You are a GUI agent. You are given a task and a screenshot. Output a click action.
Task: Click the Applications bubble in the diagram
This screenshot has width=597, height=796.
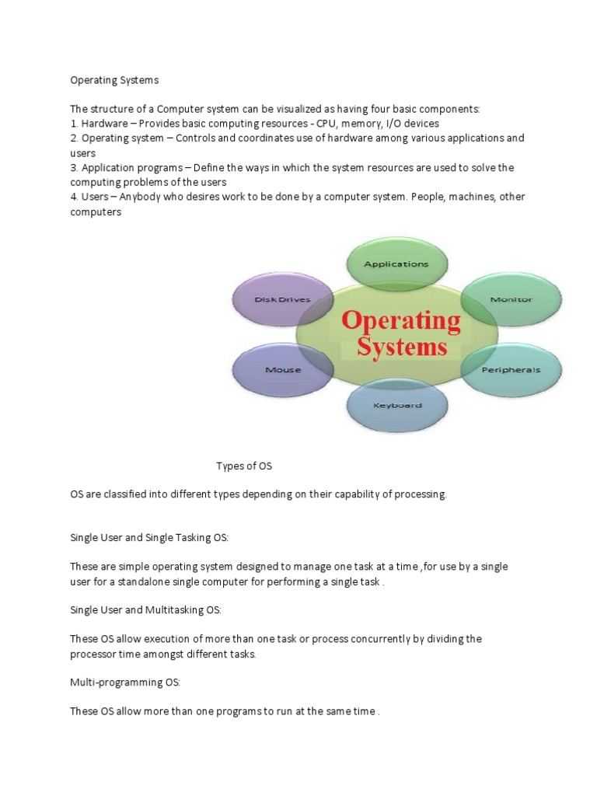pos(396,264)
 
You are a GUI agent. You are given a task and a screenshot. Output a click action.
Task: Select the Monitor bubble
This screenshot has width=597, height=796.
pos(511,299)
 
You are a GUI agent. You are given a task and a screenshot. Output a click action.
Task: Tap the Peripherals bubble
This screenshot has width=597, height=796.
pos(511,370)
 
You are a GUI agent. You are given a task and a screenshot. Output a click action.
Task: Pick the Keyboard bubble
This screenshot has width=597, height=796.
pos(397,405)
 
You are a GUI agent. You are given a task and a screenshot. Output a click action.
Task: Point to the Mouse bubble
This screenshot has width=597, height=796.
pos(283,370)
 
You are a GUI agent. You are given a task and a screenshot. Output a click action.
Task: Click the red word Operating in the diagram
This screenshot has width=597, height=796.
pos(402,320)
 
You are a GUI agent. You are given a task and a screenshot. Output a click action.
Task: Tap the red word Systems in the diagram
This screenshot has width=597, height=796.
pos(402,346)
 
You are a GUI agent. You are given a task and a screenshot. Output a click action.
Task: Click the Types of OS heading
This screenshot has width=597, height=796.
pos(244,466)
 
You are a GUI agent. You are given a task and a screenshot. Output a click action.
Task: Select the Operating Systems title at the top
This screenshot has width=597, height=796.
pos(114,79)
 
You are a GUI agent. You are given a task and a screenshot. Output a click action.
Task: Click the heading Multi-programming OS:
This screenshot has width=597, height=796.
pos(125,682)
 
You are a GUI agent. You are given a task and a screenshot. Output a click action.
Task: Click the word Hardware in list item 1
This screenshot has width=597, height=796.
pos(105,124)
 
